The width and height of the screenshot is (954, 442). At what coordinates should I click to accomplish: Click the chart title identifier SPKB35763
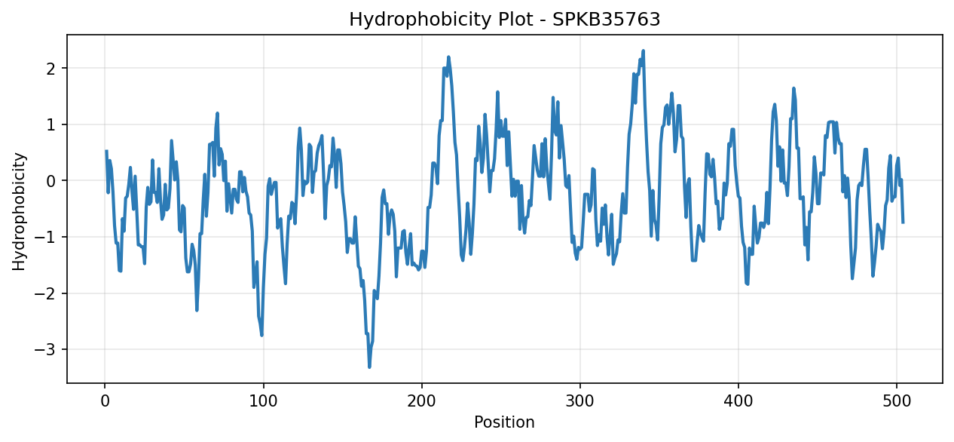point(606,20)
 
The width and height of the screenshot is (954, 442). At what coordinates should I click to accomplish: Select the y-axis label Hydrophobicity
point(19,211)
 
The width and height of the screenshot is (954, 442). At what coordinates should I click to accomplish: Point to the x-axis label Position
point(504,422)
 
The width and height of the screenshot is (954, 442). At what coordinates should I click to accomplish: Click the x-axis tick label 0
point(105,401)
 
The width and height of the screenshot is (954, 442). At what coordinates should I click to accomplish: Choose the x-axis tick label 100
point(263,401)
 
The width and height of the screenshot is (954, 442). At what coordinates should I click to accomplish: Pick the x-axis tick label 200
point(422,401)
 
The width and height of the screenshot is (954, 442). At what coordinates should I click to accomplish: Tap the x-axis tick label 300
point(580,401)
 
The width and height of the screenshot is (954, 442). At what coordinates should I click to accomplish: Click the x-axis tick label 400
point(738,401)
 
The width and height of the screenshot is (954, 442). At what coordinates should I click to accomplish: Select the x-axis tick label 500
point(897,401)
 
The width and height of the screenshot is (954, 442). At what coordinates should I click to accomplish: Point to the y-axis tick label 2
point(50,68)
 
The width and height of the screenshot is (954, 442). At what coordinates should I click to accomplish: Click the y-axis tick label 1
point(50,124)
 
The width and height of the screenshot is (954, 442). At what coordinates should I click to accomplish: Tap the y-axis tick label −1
point(45,237)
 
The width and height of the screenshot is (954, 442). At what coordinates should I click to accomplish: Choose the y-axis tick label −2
point(45,293)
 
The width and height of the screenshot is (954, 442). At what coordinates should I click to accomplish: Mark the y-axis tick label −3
point(45,349)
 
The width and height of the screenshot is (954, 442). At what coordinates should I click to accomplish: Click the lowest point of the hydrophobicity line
point(369,367)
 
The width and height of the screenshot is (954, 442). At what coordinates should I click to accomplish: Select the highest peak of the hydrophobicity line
point(643,51)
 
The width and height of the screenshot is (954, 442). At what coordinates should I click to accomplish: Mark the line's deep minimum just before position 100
point(261,336)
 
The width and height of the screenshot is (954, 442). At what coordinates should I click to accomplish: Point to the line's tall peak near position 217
point(448,57)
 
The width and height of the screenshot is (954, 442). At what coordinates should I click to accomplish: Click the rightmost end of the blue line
point(903,223)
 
